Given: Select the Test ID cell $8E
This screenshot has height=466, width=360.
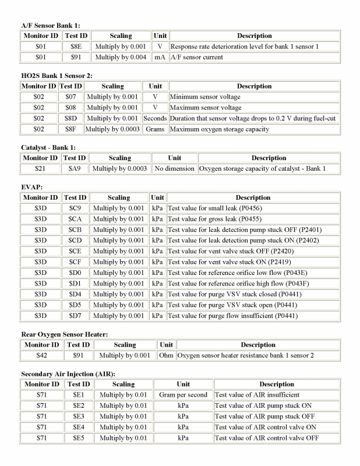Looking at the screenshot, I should point(75,46).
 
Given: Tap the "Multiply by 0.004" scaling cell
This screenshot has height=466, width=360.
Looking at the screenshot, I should point(121,58).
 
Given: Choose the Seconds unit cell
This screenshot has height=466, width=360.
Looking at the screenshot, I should point(156,118).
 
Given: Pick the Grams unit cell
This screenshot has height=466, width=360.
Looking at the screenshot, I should point(156,129).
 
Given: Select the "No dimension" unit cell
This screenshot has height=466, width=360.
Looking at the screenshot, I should point(175,168).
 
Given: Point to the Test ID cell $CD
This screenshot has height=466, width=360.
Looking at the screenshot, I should point(74,240).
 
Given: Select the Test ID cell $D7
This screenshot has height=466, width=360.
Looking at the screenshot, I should point(74,316).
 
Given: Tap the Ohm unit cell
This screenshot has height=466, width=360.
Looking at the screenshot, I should point(166,355).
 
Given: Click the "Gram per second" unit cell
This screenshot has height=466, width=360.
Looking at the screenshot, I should point(183,394).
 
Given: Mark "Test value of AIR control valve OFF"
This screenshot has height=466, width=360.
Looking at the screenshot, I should point(267,438).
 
